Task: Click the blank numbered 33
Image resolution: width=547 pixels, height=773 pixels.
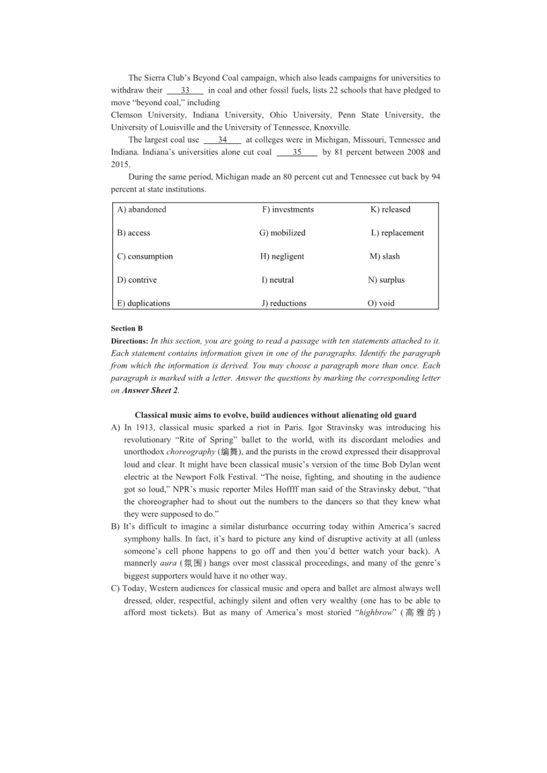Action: (x=185, y=90)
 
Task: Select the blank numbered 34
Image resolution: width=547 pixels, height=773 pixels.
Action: (x=222, y=140)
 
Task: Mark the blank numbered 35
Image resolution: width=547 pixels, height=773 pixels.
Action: (x=297, y=152)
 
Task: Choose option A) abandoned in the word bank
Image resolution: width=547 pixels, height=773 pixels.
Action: (x=142, y=210)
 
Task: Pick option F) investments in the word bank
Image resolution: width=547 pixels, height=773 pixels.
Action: (x=288, y=210)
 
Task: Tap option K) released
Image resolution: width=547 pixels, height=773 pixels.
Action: (x=390, y=210)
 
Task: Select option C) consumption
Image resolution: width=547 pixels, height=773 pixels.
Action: (x=145, y=257)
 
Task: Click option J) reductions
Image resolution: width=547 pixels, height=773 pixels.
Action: (x=284, y=303)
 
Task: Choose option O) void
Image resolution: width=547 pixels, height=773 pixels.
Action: (x=381, y=303)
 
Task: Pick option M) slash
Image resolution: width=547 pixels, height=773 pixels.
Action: (x=384, y=257)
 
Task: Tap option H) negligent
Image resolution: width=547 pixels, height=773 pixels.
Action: (x=282, y=257)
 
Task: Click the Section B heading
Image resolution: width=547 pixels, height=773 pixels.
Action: (x=127, y=329)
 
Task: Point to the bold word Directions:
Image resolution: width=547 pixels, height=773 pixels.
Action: (x=129, y=341)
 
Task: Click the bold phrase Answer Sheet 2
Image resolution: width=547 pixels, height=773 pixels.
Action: (x=150, y=390)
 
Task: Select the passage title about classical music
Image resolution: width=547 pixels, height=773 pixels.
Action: (x=275, y=415)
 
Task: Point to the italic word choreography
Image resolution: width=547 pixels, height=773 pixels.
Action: (x=191, y=452)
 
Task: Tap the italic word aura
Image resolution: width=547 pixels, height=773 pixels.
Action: (x=168, y=563)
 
